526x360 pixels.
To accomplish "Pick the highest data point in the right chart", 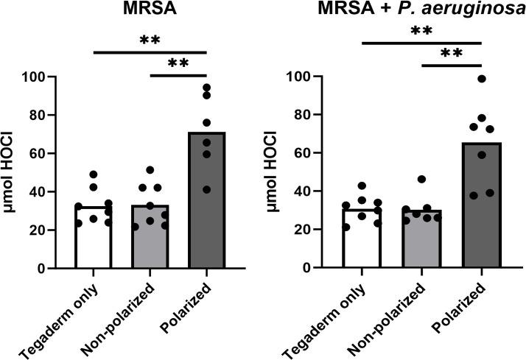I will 482,79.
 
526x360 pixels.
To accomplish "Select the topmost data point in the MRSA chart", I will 207,88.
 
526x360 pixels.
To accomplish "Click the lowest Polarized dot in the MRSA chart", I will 206,190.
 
